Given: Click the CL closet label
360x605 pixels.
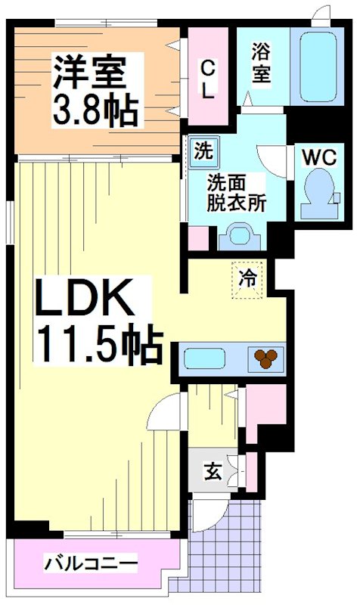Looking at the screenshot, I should coord(207,79).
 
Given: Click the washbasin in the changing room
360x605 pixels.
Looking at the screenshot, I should coord(238,236).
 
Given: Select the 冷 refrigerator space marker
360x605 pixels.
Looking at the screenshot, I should coord(247,278).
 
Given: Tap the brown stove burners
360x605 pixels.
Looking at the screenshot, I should coord(265,358).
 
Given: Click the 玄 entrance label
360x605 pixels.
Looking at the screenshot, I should coord(211,473).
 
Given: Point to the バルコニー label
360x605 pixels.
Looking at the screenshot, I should coord(91,563).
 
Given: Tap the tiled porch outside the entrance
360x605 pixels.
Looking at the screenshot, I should coord(227,544).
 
